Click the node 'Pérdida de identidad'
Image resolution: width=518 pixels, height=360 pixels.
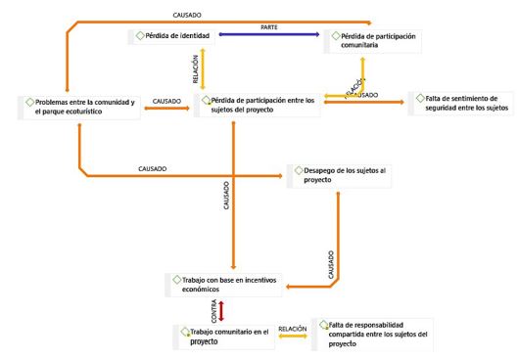point(177,36)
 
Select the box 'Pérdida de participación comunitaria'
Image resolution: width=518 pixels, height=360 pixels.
point(367,40)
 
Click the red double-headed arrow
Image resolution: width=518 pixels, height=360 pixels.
point(222,310)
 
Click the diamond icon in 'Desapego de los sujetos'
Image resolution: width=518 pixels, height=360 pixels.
point(293,171)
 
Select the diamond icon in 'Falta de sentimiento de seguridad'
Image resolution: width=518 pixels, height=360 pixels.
point(415,97)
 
